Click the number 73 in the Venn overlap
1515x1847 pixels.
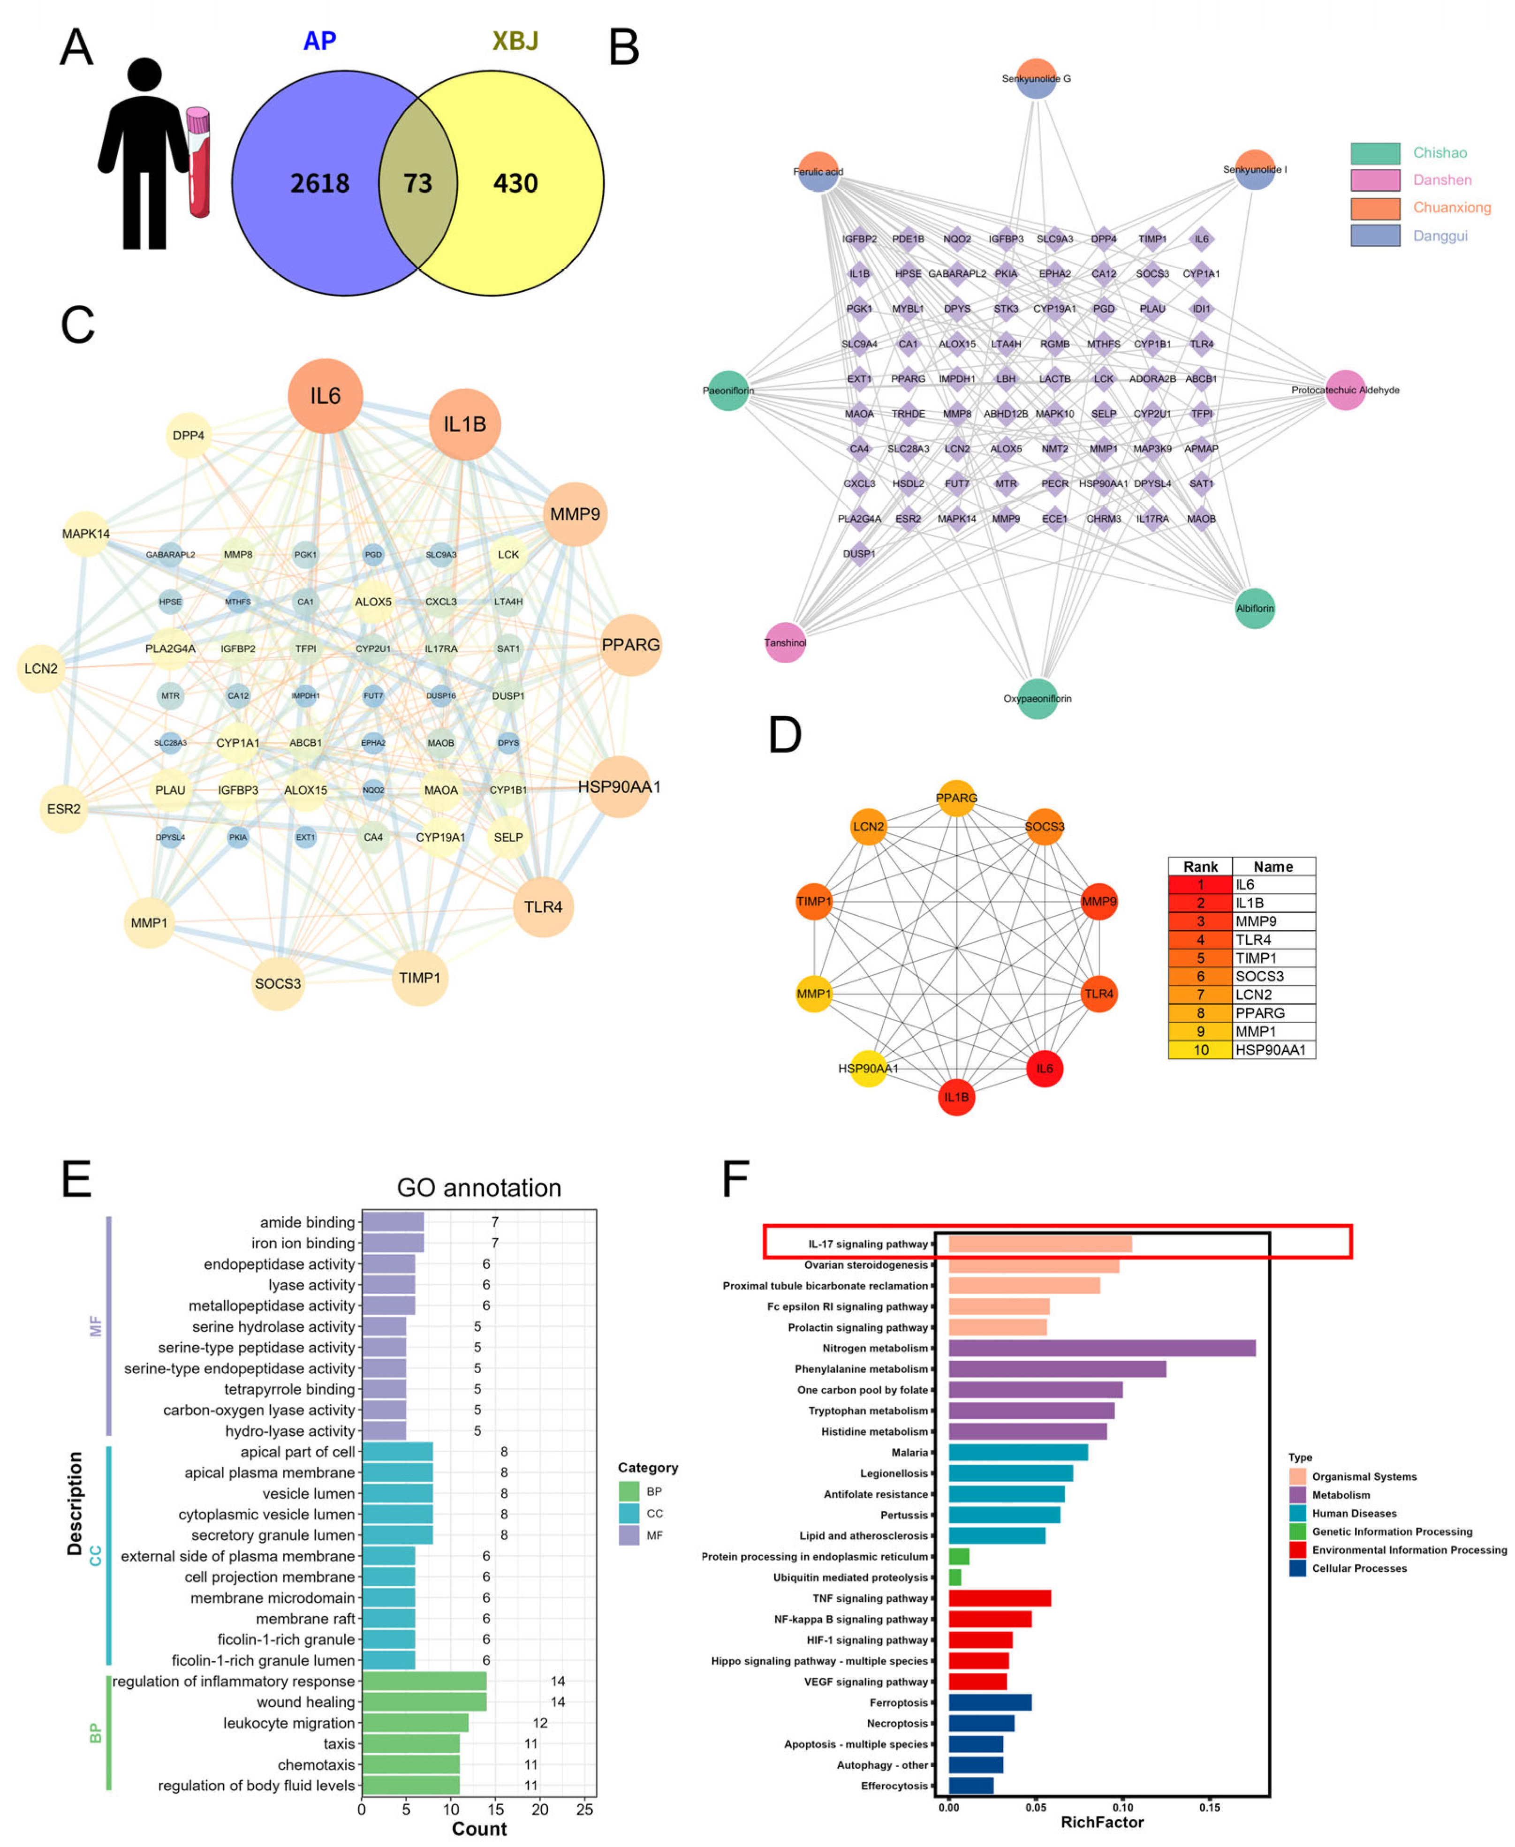point(417,183)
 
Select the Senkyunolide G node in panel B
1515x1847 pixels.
point(1036,78)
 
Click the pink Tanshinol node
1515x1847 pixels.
point(785,643)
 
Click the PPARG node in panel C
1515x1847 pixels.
point(630,645)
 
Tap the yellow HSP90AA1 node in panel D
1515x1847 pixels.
point(868,1068)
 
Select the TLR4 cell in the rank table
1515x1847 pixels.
point(1273,940)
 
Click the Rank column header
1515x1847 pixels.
point(1200,867)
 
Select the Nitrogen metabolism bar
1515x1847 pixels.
point(1101,1348)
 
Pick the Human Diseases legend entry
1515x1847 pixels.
point(1354,1513)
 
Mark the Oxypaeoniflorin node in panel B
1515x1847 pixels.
point(1037,699)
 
